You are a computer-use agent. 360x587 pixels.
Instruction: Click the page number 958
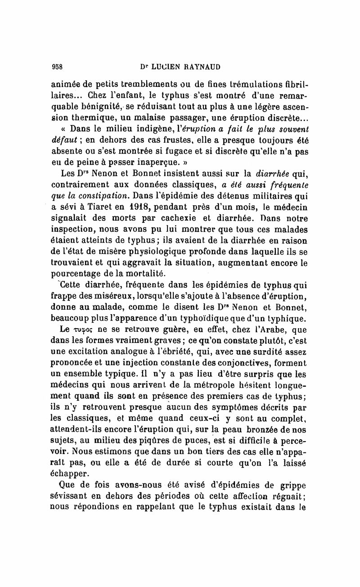click(57, 66)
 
